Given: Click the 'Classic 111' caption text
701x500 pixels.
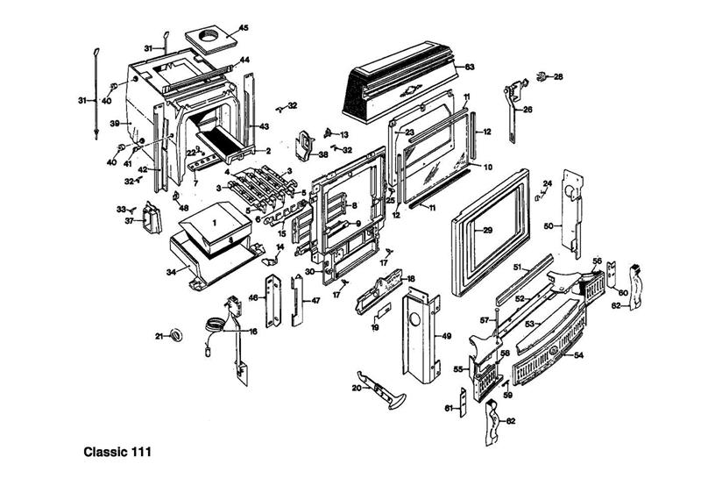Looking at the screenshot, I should (117, 454).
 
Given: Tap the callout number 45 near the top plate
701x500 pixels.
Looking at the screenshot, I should (244, 28).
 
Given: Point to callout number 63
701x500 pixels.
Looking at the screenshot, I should (470, 67).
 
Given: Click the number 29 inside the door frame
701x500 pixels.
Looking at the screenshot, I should (488, 230).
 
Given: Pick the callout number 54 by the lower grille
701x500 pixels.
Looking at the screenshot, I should (579, 355).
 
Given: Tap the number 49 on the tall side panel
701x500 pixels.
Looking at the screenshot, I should (446, 336).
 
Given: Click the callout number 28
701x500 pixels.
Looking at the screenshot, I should (558, 77).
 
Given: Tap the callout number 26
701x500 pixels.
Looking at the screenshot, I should (528, 110).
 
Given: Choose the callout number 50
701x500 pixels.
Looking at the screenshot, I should (548, 225).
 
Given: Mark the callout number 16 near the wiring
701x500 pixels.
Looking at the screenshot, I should (253, 332).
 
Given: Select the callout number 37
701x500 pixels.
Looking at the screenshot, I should (129, 221).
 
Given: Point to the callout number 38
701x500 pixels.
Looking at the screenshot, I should (323, 154).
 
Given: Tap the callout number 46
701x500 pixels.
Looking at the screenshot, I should (253, 298).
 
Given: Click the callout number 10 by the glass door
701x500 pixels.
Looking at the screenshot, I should (488, 167).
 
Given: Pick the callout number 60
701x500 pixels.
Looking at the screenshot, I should (623, 292).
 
